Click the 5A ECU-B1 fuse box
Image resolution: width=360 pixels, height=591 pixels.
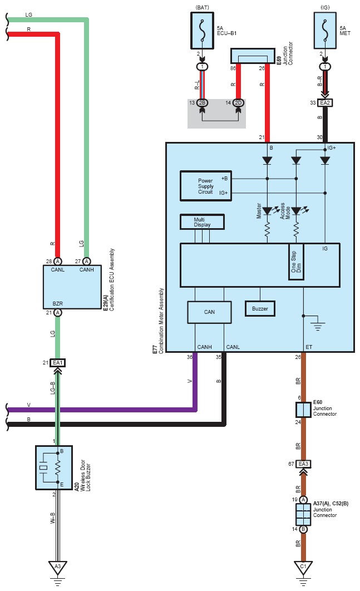click(x=202, y=31)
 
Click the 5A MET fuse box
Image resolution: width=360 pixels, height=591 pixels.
click(x=325, y=31)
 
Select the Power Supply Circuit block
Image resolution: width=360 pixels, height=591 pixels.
click(x=206, y=186)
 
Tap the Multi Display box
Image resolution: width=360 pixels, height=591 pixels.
click(x=202, y=222)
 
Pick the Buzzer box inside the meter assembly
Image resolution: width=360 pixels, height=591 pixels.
click(x=260, y=309)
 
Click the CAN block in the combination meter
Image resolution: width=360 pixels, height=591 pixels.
click(x=209, y=312)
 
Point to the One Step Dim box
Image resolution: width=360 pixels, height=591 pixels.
click(x=297, y=262)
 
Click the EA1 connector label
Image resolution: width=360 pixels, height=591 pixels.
click(x=58, y=363)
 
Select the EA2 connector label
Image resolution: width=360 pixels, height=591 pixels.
click(x=325, y=102)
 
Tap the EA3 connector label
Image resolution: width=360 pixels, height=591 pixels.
click(x=303, y=464)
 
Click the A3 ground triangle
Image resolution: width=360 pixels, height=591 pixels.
click(x=58, y=568)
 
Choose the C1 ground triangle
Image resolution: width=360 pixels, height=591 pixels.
click(x=303, y=568)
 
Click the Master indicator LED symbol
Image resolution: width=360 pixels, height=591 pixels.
click(x=267, y=211)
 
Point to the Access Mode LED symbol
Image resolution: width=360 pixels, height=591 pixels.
click(x=297, y=211)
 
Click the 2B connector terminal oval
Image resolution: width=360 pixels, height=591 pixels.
click(x=202, y=103)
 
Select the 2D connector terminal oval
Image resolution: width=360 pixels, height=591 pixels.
click(x=238, y=103)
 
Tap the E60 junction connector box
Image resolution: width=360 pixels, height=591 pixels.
click(x=303, y=410)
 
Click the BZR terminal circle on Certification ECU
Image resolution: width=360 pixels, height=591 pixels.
click(x=58, y=312)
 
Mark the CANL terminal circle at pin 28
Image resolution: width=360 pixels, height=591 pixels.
click(x=58, y=261)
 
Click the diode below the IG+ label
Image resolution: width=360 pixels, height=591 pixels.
click(x=325, y=161)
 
